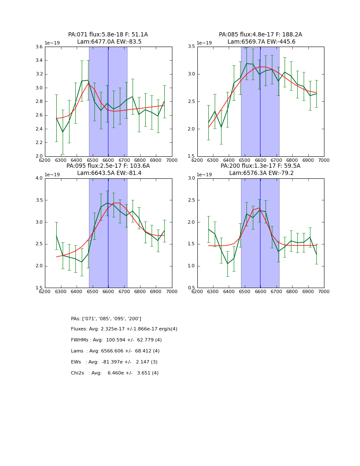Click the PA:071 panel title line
pyautogui.click(x=108, y=35)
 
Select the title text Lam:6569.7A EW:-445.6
pyautogui.click(x=260, y=42)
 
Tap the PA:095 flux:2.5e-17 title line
pyautogui.click(x=108, y=166)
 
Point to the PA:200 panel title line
pyautogui.click(x=260, y=166)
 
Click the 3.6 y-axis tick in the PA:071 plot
pyautogui.click(x=39, y=47)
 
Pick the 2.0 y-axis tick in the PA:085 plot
pyautogui.click(x=191, y=129)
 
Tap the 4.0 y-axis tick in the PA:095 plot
pyautogui.click(x=39, y=178)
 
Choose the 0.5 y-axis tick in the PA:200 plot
pyautogui.click(x=191, y=288)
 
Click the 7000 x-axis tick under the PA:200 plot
pyautogui.click(x=324, y=291)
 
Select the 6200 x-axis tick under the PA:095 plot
pyautogui.click(x=45, y=291)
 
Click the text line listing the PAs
pyautogui.click(x=106, y=319)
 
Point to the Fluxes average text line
pyautogui.click(x=124, y=329)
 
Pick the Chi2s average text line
pyautogui.click(x=114, y=373)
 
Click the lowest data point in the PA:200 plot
pyautogui.click(x=227, y=264)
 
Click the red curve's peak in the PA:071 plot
pyautogui.click(x=89, y=83)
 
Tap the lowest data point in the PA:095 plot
pyautogui.click(x=82, y=262)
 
